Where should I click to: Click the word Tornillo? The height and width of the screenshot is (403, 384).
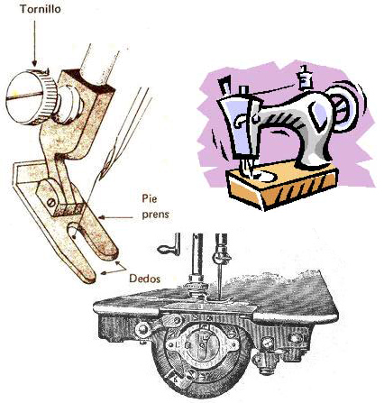tap(41, 9)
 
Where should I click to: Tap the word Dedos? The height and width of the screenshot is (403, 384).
tap(144, 279)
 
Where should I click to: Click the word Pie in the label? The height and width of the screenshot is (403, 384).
tap(150, 198)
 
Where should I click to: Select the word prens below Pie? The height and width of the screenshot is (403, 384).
tap(155, 215)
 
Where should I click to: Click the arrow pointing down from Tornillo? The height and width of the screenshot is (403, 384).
tap(34, 43)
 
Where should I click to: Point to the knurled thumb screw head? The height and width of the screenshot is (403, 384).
tap(32, 97)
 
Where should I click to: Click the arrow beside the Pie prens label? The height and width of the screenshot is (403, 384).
tap(115, 217)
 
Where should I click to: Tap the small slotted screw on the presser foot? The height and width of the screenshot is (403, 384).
tap(51, 203)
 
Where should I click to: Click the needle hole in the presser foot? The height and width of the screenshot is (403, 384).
tap(73, 234)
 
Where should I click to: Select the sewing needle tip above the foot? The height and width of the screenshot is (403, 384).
tap(101, 179)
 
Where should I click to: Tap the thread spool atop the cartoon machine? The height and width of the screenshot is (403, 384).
tap(305, 78)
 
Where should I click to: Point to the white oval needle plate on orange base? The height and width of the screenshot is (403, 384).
tap(266, 176)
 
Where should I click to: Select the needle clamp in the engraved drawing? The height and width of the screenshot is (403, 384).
tap(222, 258)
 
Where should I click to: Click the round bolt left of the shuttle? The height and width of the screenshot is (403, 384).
tap(143, 329)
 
